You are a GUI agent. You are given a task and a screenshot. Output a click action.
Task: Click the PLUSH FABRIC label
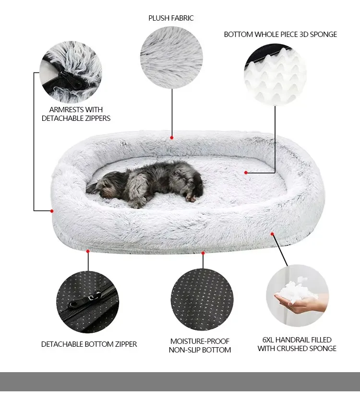171,18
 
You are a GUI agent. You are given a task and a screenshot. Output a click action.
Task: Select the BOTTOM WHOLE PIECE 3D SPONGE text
280,35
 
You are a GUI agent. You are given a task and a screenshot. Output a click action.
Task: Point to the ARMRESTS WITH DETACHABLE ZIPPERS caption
76,114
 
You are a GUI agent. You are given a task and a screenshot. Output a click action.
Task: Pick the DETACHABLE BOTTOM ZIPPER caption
89,344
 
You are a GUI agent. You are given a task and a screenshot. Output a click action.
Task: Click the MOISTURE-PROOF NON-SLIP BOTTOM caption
200,345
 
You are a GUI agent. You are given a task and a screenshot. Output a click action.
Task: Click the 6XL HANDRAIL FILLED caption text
297,344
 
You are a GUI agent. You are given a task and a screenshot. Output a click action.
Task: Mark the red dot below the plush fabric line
171,138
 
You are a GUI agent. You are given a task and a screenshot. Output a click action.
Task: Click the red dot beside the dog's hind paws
246,172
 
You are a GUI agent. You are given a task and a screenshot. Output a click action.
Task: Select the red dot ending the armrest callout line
52,211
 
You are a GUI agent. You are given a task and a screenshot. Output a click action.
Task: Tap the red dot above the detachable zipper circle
88,250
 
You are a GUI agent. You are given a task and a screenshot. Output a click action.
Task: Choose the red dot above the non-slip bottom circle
203,253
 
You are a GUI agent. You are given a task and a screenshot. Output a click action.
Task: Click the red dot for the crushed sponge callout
272,234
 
